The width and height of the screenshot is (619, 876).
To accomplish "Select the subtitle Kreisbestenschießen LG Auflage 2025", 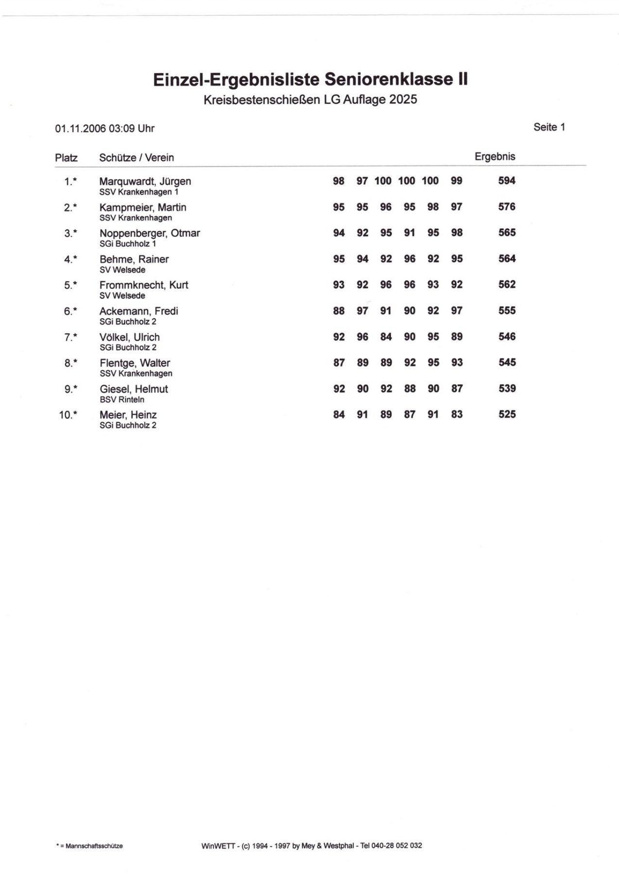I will [x=310, y=100].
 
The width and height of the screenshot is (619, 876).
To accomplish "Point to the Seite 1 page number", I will [x=549, y=127].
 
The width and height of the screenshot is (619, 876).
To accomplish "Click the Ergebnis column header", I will [x=495, y=157].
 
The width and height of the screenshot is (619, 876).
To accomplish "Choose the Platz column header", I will [x=66, y=158].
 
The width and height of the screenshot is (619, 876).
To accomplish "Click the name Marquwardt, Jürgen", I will [x=145, y=181].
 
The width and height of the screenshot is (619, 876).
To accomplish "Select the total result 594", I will [x=506, y=181].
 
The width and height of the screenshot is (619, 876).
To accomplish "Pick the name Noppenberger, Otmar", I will [x=150, y=233].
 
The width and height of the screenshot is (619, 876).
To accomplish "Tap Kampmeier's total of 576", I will [x=506, y=207].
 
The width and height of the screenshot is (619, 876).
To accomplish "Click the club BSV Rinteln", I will [x=122, y=400].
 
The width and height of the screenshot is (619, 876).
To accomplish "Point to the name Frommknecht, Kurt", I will [x=144, y=285].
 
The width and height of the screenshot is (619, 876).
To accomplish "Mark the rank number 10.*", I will [x=68, y=415].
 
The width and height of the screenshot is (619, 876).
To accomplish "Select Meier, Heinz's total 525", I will [x=507, y=415].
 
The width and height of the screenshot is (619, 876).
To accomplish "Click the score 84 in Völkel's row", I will [x=386, y=337].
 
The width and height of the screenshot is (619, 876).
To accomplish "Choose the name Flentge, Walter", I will [x=135, y=363].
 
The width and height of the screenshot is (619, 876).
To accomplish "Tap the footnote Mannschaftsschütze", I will [x=94, y=846].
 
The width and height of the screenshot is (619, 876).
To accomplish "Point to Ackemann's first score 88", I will [x=339, y=311].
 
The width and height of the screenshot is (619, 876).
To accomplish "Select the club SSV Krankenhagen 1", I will [x=139, y=192].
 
